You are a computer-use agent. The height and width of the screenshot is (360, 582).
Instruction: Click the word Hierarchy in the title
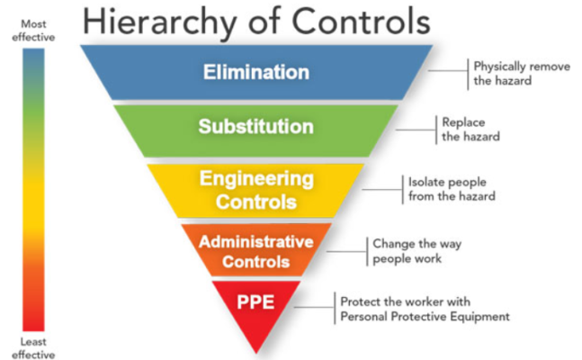[159, 23]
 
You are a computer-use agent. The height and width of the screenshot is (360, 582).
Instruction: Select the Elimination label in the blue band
[256, 72]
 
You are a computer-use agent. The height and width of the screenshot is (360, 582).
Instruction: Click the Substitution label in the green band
[256, 127]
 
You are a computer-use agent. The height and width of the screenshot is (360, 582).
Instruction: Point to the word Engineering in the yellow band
[257, 180]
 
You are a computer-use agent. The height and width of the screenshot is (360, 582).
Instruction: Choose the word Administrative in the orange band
[256, 242]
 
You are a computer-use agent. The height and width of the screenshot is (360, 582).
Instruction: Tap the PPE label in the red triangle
[255, 302]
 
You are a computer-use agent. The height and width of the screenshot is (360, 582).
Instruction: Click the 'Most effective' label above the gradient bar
[33, 31]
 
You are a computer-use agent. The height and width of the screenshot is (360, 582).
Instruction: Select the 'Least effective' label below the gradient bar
[33, 348]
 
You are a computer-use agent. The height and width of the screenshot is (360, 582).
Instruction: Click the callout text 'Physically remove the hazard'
[522, 74]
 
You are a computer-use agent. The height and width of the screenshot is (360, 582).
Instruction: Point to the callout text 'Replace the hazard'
[470, 130]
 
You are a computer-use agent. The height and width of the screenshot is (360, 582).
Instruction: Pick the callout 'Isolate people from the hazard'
[452, 189]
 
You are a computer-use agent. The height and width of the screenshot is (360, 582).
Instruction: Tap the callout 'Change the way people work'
[416, 251]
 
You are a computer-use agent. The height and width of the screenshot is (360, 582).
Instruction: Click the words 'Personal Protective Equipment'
[425, 317]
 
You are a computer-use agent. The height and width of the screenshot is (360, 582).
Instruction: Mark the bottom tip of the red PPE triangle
[256, 353]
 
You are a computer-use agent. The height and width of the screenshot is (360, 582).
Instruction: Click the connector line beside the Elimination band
[448, 70]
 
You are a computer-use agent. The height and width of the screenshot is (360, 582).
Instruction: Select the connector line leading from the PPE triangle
[314, 307]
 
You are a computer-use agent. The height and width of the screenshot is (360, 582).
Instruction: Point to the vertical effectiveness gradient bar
[33, 190]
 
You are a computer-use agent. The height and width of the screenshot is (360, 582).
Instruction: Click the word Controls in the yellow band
[256, 202]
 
